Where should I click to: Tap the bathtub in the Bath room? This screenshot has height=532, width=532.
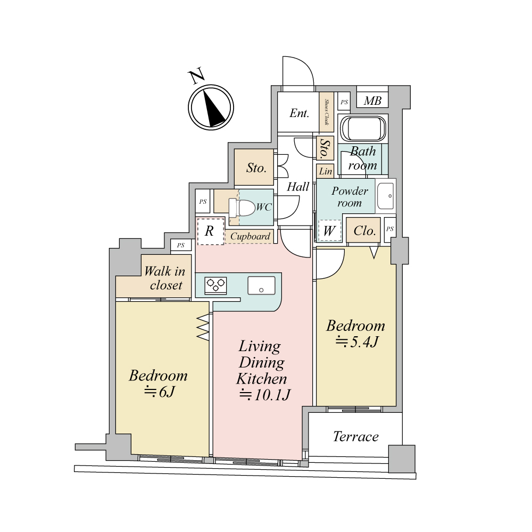pos(363,129)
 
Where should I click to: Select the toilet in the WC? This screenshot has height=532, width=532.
pos(242,207)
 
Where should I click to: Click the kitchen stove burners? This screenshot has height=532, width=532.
pos(216,285)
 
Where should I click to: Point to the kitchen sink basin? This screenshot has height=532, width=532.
pos(261,285)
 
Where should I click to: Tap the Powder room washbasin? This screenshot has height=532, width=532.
pos(386,196)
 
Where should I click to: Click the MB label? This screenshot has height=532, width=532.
pos(372,101)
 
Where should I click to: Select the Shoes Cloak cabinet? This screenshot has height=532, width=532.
pos(327,112)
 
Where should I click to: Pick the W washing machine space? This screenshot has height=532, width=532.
pos(329,231)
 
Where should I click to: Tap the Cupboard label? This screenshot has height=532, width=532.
pos(251,236)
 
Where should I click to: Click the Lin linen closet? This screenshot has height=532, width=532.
pos(326,171)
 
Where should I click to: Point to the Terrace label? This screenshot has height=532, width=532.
pos(355,436)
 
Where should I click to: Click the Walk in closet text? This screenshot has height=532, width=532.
pos(165,278)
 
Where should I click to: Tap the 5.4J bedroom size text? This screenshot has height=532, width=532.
pos(357,342)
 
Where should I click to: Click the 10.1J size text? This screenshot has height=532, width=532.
pos(265,395)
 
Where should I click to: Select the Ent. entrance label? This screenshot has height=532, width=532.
pos(299,113)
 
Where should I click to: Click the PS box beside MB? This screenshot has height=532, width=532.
pos(344,102)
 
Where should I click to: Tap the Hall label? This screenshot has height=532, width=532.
pos(298,187)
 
